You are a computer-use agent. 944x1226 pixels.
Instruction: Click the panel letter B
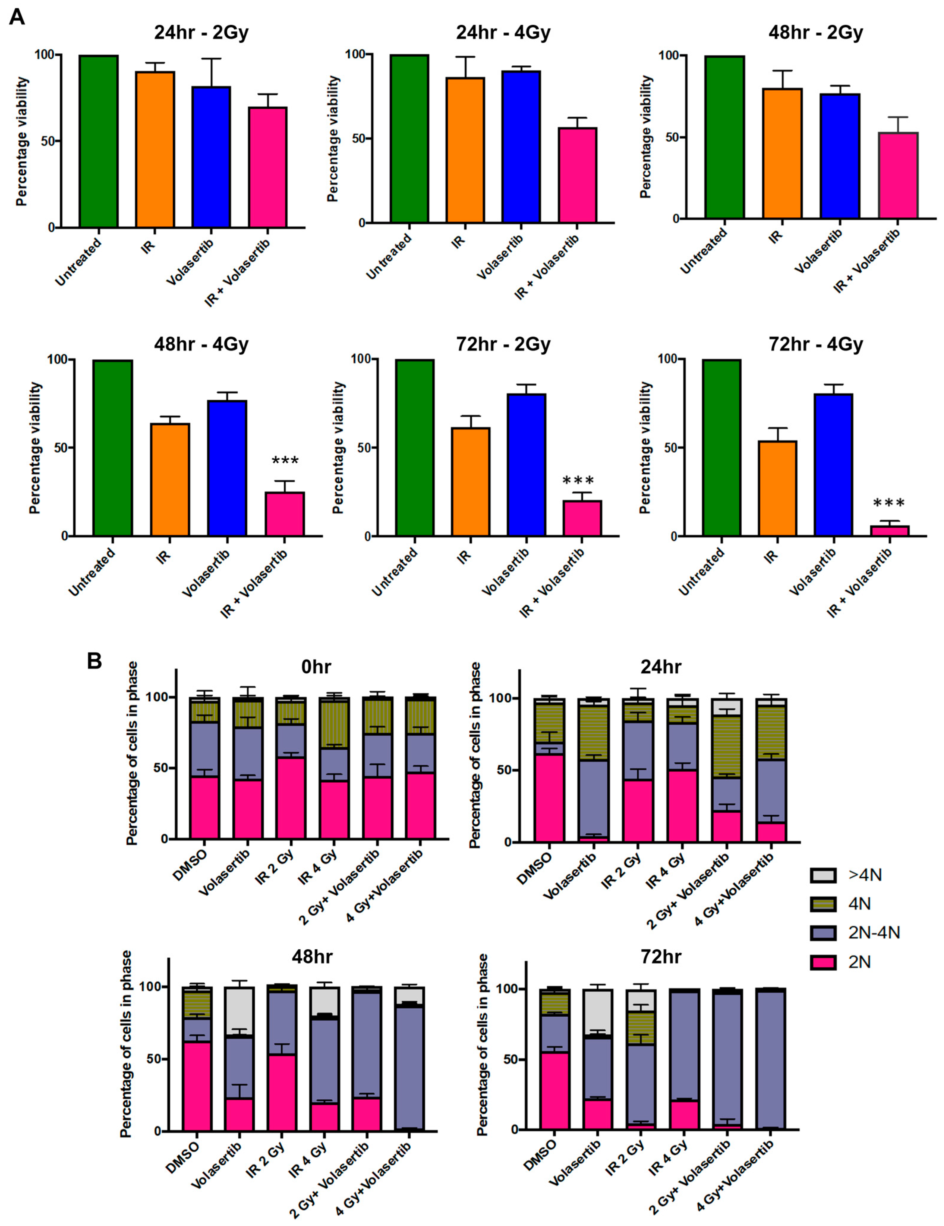pos(94,661)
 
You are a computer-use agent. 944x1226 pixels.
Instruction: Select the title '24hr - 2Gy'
pos(201,33)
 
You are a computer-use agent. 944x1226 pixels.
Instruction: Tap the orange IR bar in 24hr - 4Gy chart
pos(465,150)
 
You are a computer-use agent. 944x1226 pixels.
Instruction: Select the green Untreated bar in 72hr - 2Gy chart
pos(415,447)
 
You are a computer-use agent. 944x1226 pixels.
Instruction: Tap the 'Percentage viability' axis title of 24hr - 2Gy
pos(21,141)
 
